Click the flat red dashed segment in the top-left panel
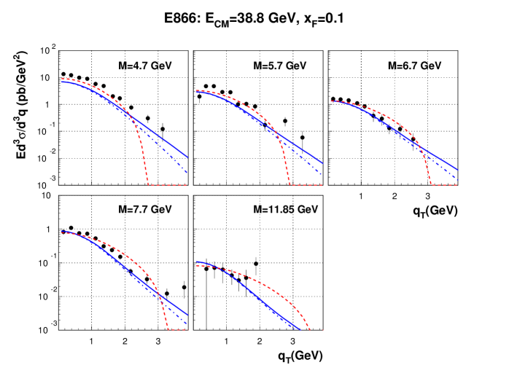(168, 185)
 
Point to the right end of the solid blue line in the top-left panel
(187, 157)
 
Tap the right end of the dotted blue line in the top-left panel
(187, 173)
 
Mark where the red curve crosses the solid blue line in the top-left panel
(132, 117)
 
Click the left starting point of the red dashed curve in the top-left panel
(63, 79)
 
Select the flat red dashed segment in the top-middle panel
(306, 185)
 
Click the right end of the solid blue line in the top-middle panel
(322, 163)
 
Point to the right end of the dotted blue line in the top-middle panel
(322, 175)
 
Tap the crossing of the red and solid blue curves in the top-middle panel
(276, 133)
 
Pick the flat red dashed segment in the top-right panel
(444, 185)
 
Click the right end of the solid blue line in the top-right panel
(458, 170)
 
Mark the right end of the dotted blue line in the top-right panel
(458, 179)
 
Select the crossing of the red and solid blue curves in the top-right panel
(421, 148)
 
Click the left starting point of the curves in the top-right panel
(332, 101)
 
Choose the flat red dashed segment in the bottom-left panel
(178, 330)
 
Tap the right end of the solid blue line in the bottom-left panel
(187, 315)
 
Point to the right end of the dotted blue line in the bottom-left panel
(187, 323)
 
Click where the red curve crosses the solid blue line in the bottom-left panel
(160, 296)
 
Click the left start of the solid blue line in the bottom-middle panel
(197, 262)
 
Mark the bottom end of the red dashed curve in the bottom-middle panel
(310, 330)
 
